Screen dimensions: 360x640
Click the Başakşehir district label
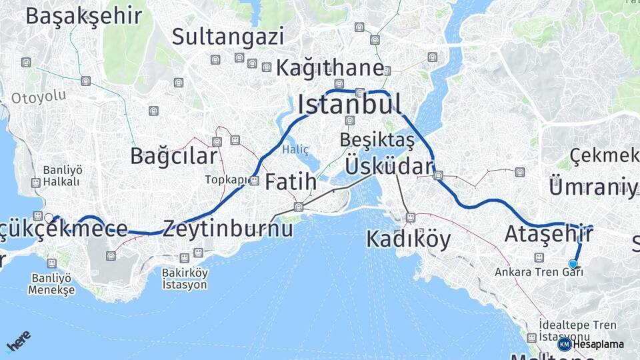[x=84, y=16]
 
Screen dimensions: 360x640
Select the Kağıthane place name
[x=330, y=68]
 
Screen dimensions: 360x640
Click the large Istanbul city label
[x=349, y=104]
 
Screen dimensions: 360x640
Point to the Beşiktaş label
[x=377, y=141]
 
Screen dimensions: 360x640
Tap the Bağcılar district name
[x=173, y=157]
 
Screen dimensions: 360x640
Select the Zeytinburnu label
[x=227, y=229]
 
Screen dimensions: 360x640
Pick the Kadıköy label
[x=409, y=239]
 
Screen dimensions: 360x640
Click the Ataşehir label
[x=548, y=234]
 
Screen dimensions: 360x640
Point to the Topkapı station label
[x=227, y=180]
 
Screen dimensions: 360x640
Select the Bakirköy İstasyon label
[x=185, y=279]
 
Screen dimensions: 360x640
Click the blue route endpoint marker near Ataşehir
[x=573, y=264]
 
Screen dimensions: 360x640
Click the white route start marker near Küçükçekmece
[x=49, y=217]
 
